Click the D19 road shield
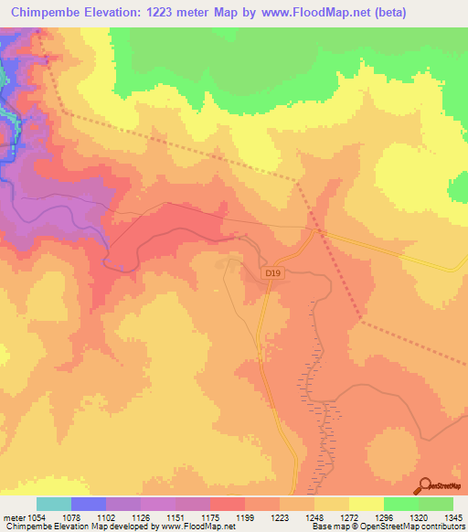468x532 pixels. [271, 272]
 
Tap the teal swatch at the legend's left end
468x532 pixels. [54, 504]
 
